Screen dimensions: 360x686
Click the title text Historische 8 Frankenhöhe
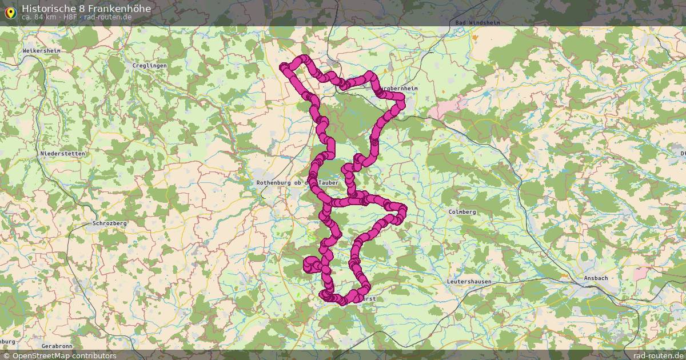(x=86, y=9)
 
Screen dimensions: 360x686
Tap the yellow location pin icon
(x=10, y=12)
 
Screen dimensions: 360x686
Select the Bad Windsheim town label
(x=477, y=23)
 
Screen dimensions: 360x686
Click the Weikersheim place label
(x=41, y=51)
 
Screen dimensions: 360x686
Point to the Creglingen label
(x=149, y=66)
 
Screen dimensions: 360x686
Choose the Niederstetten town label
(x=62, y=154)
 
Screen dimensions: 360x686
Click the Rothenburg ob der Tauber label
(x=297, y=183)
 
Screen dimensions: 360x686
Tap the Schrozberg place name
(x=109, y=223)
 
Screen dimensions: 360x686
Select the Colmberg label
(x=462, y=212)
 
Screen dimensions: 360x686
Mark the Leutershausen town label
(x=469, y=282)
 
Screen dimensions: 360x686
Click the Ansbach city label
(x=596, y=278)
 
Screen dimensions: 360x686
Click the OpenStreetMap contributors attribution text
(x=64, y=355)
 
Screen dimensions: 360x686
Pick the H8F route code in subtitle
(x=70, y=17)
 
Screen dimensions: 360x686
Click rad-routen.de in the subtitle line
(x=108, y=17)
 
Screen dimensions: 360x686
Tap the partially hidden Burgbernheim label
(x=400, y=89)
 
